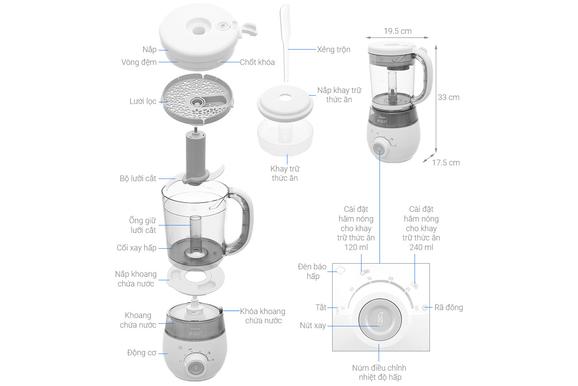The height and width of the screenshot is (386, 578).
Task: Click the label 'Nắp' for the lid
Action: point(149,50)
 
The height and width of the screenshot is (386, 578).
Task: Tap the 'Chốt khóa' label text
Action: point(257,62)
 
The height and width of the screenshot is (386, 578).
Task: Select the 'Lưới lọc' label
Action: point(143,101)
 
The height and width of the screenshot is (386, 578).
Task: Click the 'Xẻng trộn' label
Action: point(333,50)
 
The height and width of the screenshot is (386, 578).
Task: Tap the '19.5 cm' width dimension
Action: point(397,31)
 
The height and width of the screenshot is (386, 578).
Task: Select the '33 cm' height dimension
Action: point(449,97)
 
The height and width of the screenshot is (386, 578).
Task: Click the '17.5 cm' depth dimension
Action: point(446,163)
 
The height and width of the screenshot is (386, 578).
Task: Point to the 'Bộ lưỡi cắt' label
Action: point(138,179)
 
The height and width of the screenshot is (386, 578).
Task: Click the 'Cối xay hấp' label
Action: point(136,248)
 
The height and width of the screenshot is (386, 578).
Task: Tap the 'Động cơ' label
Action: point(142,353)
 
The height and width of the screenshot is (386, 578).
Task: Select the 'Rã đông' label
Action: point(448,307)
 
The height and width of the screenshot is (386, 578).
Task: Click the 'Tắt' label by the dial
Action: point(321,307)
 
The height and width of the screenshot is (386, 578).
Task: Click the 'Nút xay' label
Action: point(313,325)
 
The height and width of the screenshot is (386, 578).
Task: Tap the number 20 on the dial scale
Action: point(390,279)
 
